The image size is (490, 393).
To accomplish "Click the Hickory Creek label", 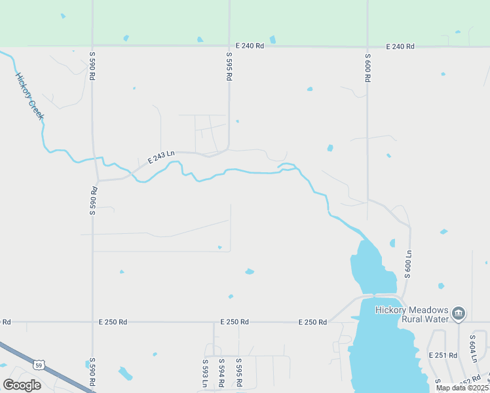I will tap(29, 95).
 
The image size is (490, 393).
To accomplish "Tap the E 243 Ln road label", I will tap(160, 157).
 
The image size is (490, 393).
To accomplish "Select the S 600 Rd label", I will tap(367, 67).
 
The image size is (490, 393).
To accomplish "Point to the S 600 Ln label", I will tap(407, 264).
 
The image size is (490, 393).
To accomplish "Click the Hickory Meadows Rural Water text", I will tap(411, 314).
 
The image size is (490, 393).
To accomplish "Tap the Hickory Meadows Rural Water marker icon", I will tap(459, 314).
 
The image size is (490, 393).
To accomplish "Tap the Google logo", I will tap(22, 384).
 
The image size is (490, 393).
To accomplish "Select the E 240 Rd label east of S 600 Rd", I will tap(400, 47).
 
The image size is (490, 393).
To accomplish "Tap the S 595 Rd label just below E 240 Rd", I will tap(229, 67).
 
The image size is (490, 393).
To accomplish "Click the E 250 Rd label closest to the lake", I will tap(312, 322).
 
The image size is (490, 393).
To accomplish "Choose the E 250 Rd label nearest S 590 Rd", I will tap(113, 322).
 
